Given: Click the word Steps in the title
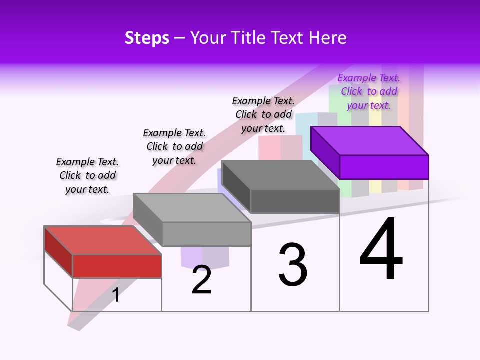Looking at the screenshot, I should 147,38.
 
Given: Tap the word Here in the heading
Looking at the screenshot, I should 328,38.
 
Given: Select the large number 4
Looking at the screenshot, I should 381,250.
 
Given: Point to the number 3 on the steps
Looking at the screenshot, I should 292,265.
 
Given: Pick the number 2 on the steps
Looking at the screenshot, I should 201,280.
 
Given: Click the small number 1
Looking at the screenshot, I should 115,295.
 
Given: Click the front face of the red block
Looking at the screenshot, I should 117,266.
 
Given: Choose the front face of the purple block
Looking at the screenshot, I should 384,167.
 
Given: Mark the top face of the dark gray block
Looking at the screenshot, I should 280,175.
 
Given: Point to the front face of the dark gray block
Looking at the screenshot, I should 295,201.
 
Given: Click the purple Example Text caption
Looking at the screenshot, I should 369,91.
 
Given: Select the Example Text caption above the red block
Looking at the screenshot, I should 87,175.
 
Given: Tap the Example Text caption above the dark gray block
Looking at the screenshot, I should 263,114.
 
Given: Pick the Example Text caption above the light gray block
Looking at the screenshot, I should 174,146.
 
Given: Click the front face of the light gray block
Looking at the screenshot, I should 206,234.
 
